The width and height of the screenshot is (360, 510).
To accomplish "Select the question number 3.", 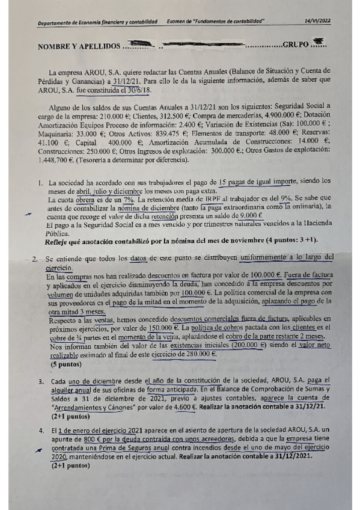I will pos(40,381).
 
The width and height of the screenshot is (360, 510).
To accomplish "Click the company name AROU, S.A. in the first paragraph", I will pos(95,72).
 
